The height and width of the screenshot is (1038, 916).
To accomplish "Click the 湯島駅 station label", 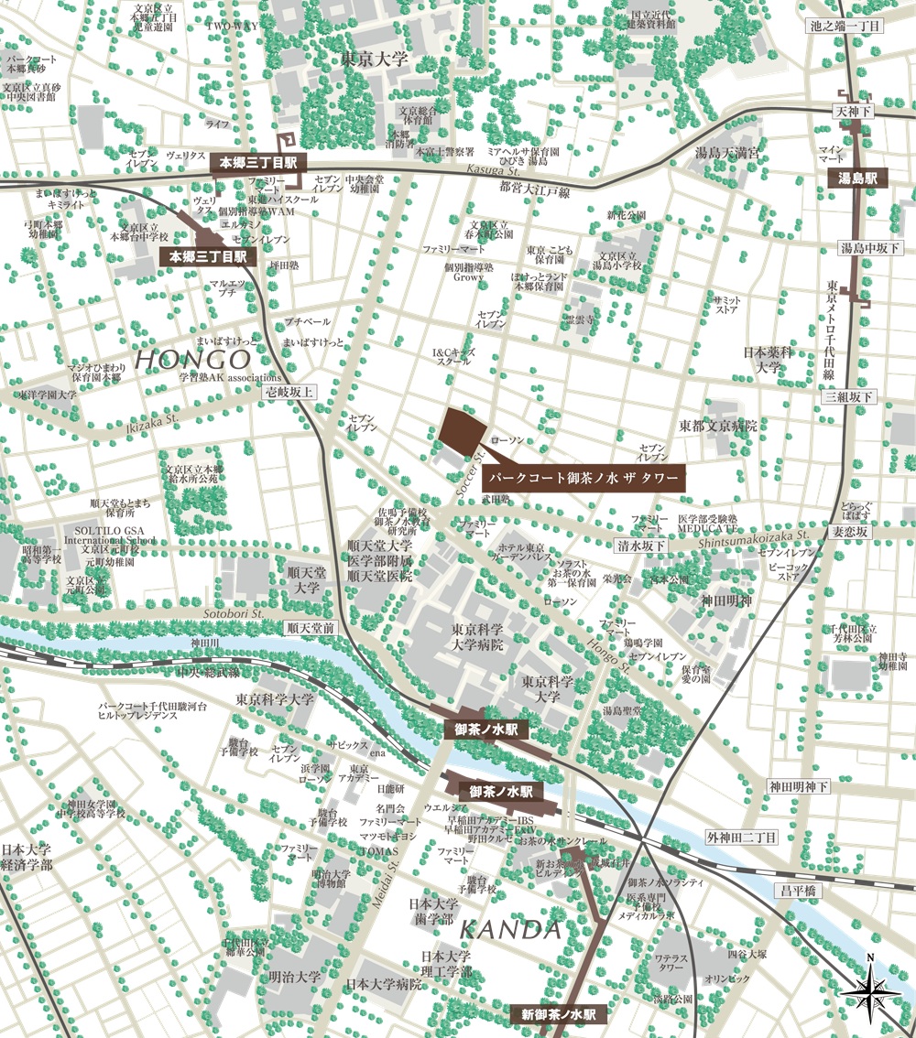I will (x=858, y=178).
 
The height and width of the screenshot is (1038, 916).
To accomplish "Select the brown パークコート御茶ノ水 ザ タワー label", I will (x=583, y=478).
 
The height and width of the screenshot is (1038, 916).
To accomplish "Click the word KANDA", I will (x=508, y=931).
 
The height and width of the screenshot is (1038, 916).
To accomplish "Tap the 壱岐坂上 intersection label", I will (x=288, y=392).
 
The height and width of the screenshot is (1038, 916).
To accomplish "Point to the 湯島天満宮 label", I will (x=727, y=153).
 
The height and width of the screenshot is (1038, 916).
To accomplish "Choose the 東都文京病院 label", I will (x=718, y=426).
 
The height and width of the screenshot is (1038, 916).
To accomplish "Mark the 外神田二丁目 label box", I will (x=741, y=838).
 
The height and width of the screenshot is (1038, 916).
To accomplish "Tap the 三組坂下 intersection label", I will (x=849, y=396).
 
